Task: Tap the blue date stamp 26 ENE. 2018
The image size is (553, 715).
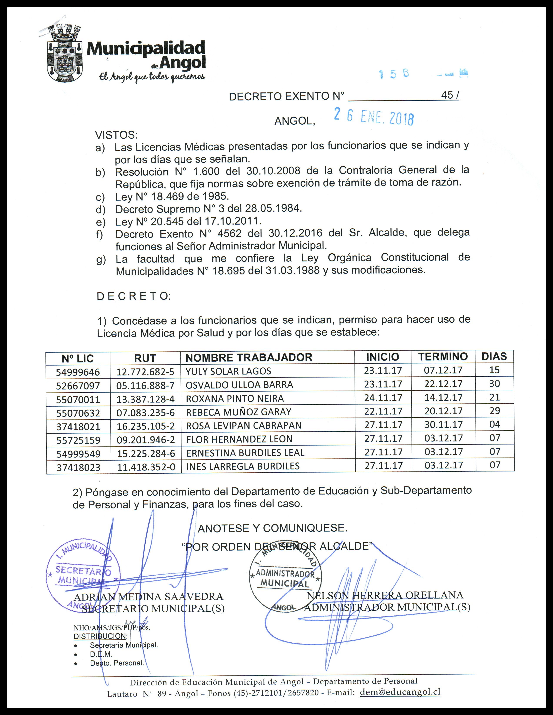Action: click(x=374, y=117)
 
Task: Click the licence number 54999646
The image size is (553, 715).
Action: click(x=78, y=372)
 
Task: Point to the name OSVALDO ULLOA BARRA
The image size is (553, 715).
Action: click(x=239, y=385)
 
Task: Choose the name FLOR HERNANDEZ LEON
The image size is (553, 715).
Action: click(x=239, y=439)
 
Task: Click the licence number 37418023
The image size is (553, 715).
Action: click(x=78, y=468)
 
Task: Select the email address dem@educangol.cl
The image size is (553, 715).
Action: click(x=400, y=692)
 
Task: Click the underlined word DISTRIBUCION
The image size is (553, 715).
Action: click(x=100, y=636)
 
